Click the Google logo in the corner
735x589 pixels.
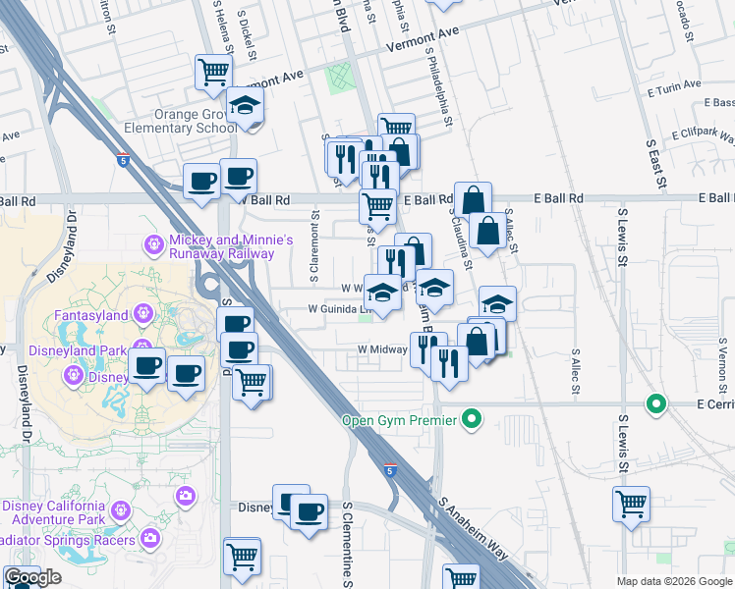(x=32, y=577)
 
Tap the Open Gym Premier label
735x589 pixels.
(x=399, y=421)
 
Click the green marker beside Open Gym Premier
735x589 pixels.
(x=473, y=421)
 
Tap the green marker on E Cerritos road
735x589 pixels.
(x=655, y=403)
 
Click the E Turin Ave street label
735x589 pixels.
(x=674, y=86)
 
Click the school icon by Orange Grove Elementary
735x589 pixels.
(x=244, y=106)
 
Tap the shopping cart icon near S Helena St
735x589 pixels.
(x=213, y=71)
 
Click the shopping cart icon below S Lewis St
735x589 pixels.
(x=631, y=504)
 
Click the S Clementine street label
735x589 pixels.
(x=348, y=545)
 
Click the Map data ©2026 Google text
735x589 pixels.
(x=672, y=581)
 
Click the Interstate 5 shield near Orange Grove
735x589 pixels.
(x=122, y=158)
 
